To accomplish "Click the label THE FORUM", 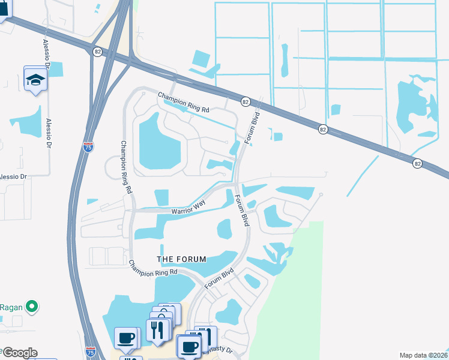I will tap(181, 259).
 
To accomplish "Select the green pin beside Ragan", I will tap(33, 307).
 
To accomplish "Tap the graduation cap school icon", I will tap(35, 79).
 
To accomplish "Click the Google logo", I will tap(19, 353).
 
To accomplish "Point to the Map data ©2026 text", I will tap(423, 355).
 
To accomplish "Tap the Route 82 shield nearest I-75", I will tap(97, 52).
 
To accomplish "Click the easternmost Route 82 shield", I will tap(417, 163).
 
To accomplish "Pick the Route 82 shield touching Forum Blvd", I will tap(245, 102).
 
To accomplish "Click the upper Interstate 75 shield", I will tap(88, 146).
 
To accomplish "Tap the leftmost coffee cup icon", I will tap(126, 338).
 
